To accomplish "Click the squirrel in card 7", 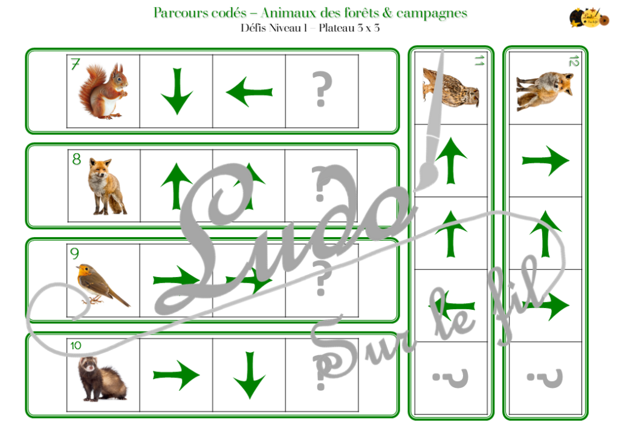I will (x=103, y=91).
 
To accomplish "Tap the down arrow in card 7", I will (x=177, y=91).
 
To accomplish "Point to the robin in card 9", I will (x=100, y=284).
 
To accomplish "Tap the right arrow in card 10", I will (x=176, y=375).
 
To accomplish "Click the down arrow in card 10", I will (x=249, y=375).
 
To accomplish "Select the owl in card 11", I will (x=451, y=87).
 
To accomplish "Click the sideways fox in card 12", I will (x=544, y=90).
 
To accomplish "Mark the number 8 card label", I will (x=76, y=160).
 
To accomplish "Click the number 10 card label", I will (x=76, y=345).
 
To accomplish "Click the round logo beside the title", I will (x=583, y=17).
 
